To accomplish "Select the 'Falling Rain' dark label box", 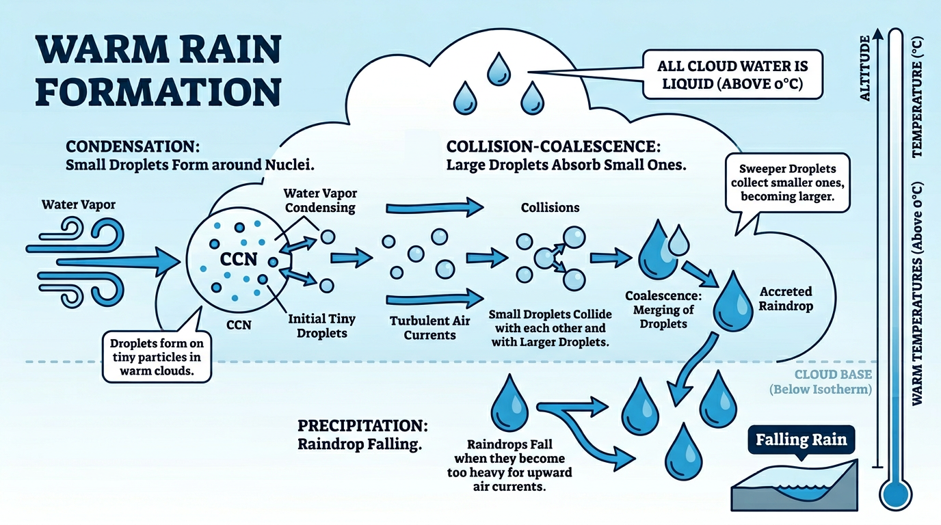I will [800, 440].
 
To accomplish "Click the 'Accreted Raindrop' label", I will [786, 299].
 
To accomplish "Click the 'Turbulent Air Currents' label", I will [429, 327].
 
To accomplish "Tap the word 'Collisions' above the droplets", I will [550, 206].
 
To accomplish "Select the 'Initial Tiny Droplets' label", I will [321, 326].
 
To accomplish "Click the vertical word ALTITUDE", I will [864, 68].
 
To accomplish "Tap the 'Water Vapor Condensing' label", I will [319, 201].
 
